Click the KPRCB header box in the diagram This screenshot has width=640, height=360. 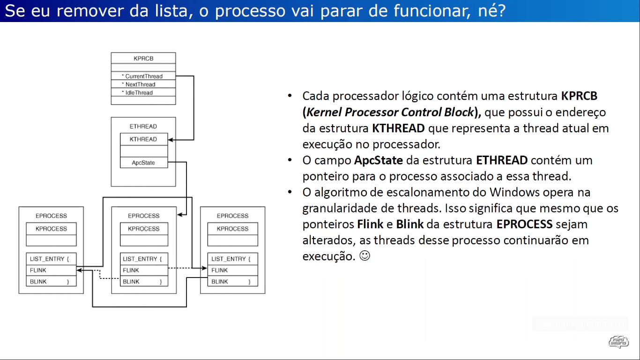143,59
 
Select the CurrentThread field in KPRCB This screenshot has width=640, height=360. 143,76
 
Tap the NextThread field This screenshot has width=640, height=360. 143,84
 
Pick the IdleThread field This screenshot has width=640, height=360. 143,93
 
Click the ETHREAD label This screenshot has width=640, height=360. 143,127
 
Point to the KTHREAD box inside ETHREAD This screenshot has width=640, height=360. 143,139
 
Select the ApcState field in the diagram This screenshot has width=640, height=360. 143,163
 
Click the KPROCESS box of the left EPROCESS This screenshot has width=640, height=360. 51,229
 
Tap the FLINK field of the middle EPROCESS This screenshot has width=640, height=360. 144,270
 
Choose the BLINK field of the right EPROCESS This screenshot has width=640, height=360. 232,282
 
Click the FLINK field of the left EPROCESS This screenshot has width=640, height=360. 51,270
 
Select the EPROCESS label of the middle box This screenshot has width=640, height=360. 144,216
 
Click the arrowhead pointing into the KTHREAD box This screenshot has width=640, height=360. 171,140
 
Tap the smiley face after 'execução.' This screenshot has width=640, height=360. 365,256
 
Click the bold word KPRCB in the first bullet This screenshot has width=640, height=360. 579,97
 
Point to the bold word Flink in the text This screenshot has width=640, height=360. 370,224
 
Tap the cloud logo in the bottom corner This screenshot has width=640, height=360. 618,341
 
